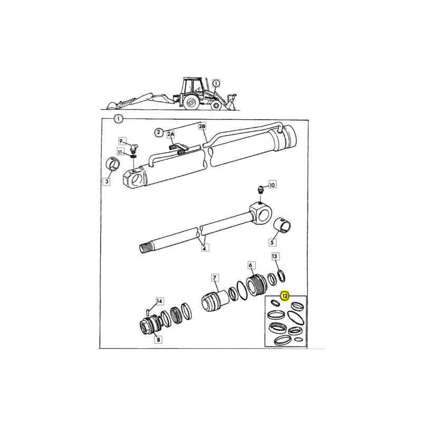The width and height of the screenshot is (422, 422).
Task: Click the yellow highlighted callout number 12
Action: coord(285,296)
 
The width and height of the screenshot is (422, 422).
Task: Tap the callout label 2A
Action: coord(170,135)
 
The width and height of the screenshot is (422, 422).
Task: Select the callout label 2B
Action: coord(202,126)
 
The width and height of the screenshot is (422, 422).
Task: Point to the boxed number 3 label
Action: coord(107,182)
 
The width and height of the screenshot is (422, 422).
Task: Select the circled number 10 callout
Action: coord(272,185)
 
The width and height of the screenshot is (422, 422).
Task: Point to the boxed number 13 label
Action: coord(275,256)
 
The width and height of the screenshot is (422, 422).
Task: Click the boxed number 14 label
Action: coord(159,301)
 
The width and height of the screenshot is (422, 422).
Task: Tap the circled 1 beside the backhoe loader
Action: coord(217,83)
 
